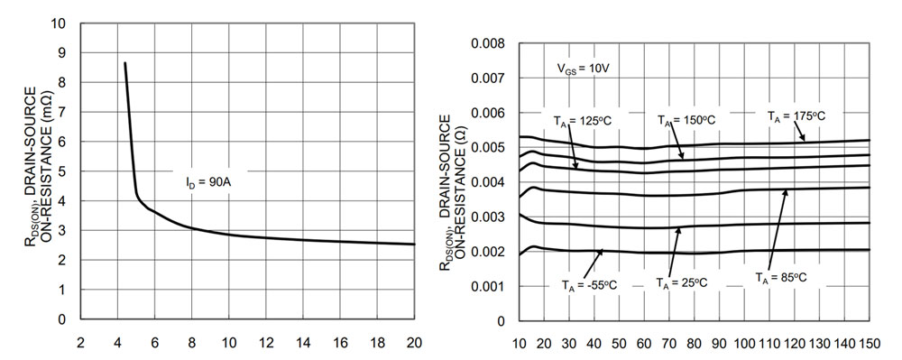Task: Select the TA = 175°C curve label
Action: (796, 115)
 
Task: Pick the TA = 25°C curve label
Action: (682, 282)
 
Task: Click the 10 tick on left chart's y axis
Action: (60, 23)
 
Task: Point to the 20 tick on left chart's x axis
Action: (415, 343)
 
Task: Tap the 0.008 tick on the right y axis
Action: (490, 43)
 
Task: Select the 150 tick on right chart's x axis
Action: (868, 345)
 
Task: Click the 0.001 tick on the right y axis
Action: (490, 286)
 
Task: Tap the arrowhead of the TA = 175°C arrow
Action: (805, 141)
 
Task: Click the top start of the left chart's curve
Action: (124, 62)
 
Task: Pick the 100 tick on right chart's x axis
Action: (744, 345)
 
